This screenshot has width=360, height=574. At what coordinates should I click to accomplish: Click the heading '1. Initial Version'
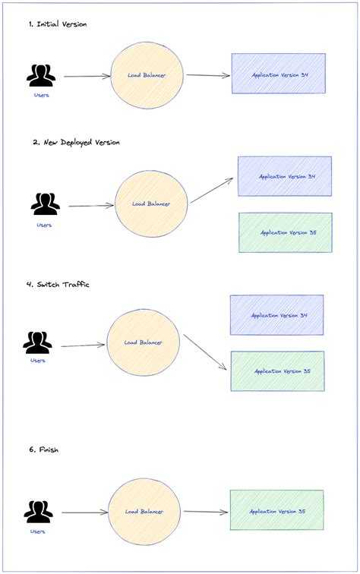pyautogui.click(x=58, y=24)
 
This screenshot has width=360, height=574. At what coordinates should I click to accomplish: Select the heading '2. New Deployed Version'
pyautogui.click(x=76, y=142)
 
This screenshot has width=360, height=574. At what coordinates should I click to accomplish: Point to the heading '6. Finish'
pyautogui.click(x=43, y=450)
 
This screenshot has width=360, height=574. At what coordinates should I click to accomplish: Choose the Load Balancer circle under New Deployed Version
pyautogui.click(x=151, y=203)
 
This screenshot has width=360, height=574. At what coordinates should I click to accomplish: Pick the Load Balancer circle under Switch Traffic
pyautogui.click(x=144, y=342)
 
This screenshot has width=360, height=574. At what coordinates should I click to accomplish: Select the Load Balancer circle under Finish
pyautogui.click(x=144, y=512)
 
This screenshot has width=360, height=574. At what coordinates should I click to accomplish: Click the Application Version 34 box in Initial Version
pyautogui.click(x=278, y=73)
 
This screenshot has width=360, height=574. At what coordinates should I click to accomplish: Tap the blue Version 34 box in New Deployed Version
pyautogui.click(x=285, y=176)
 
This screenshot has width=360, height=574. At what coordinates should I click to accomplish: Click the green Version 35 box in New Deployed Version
pyautogui.click(x=285, y=232)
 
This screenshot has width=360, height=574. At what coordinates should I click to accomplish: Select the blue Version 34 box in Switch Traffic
pyautogui.click(x=276, y=315)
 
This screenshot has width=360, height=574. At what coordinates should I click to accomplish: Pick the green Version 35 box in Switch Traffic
pyautogui.click(x=277, y=371)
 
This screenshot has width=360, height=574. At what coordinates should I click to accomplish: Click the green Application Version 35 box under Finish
pyautogui.click(x=276, y=511)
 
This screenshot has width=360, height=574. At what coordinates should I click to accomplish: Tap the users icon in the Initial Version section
pyautogui.click(x=41, y=75)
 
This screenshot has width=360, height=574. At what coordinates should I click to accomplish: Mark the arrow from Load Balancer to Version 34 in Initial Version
pyautogui.click(x=207, y=75)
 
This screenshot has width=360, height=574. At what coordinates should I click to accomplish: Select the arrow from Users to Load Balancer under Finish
pyautogui.click(x=83, y=512)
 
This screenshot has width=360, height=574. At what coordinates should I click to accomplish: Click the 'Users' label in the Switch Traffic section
pyautogui.click(x=38, y=361)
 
